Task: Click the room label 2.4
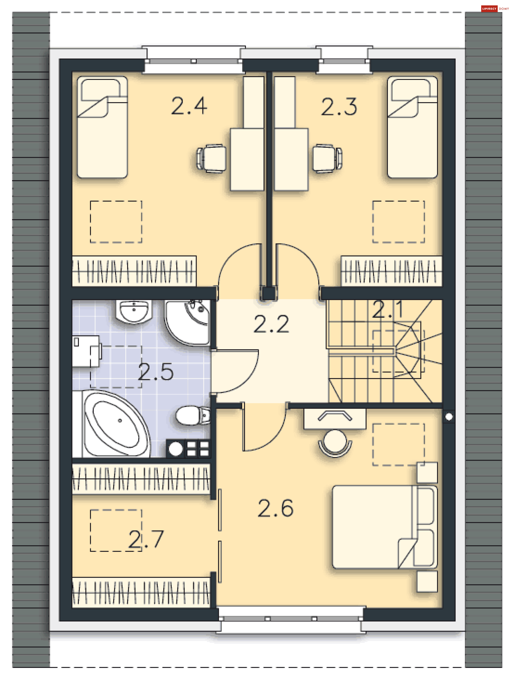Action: (189, 106)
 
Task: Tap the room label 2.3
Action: (339, 107)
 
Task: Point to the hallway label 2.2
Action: (271, 324)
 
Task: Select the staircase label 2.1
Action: (388, 309)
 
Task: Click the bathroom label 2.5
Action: (156, 372)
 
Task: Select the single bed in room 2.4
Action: (102, 127)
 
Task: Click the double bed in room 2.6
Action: (385, 527)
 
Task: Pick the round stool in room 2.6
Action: (335, 443)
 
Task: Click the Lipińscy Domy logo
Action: (495, 9)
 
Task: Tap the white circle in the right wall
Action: (449, 417)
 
